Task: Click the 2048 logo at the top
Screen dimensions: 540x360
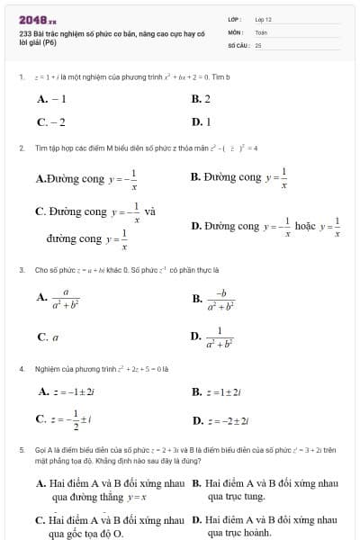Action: pos(37,18)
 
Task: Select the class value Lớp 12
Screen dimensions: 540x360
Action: pos(263,19)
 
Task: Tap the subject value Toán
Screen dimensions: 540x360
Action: pos(261,31)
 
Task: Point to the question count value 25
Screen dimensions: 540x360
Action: pos(258,44)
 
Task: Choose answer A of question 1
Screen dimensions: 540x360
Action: pos(51,99)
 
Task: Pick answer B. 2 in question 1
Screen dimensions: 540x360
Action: pos(201,99)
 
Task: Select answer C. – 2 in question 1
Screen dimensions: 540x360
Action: pos(51,121)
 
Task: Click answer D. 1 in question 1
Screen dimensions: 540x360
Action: pos(201,121)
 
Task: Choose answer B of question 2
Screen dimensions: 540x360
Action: pos(239,177)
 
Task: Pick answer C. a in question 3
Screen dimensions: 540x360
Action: pos(48,337)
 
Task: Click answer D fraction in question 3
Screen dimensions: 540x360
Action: pos(214,337)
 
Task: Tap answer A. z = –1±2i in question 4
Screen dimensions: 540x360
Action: pos(73,391)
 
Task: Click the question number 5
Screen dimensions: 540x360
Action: pos(21,447)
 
